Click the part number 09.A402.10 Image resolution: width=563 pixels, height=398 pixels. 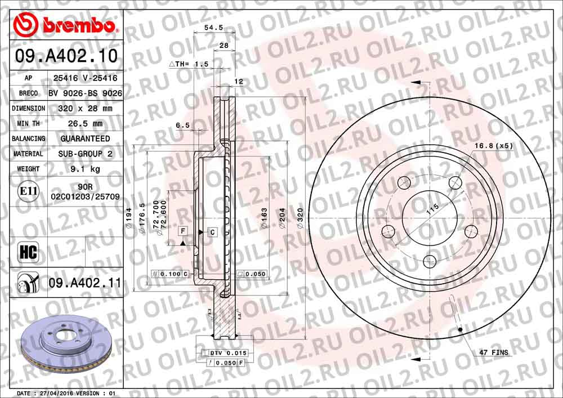tap(66, 56)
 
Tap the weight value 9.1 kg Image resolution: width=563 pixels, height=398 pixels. tap(86, 169)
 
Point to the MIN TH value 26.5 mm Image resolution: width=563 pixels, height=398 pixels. tap(86, 123)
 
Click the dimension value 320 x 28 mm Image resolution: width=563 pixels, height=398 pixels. tap(86, 108)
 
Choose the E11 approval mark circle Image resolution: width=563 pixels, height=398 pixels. tap(29, 191)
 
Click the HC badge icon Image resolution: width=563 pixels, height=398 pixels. tap(28, 253)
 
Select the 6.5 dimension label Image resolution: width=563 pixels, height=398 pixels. tap(182, 126)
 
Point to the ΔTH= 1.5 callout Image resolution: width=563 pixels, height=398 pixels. tap(189, 64)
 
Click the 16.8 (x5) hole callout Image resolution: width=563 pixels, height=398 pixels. tap(493, 146)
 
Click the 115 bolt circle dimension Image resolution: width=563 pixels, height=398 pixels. tap(432, 209)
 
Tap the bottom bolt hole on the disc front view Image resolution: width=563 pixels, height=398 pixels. tap(429, 261)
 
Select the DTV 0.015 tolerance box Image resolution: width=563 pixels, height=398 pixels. tap(229, 353)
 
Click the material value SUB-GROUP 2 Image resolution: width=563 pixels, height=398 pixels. tap(86, 154)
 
